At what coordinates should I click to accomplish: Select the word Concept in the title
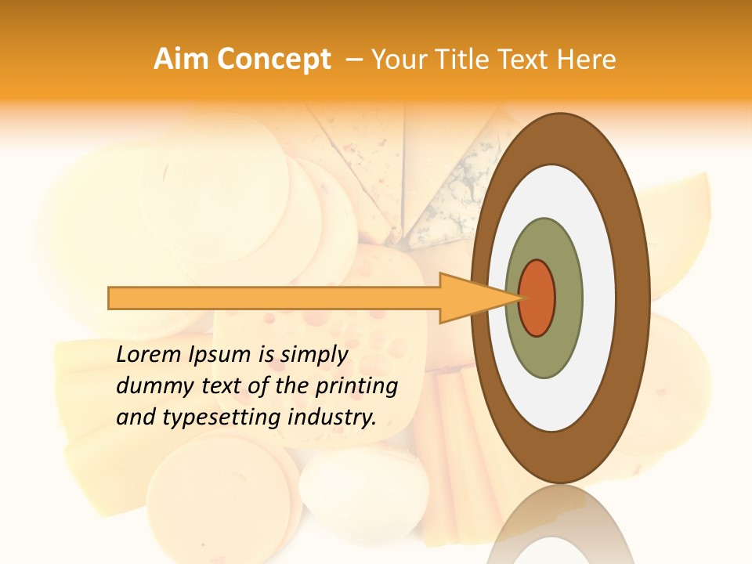[x=273, y=60]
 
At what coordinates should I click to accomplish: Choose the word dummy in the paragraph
[x=150, y=386]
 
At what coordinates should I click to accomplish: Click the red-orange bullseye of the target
[x=537, y=298]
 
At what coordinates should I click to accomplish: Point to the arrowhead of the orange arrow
[x=470, y=298]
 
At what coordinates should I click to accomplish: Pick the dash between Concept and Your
[x=354, y=60]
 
